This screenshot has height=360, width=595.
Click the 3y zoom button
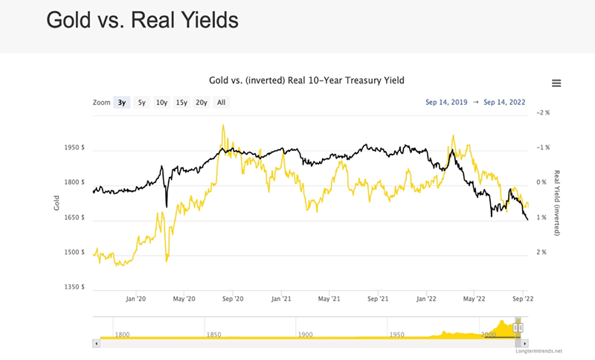(x=122, y=103)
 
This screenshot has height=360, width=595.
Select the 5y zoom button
(x=142, y=103)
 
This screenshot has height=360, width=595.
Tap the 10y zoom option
(x=161, y=103)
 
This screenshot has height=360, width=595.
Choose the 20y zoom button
(x=201, y=103)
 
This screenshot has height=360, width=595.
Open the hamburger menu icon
(x=556, y=83)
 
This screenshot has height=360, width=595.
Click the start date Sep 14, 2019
(x=447, y=102)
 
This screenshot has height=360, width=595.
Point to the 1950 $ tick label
(x=74, y=147)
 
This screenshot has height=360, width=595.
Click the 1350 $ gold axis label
(x=74, y=287)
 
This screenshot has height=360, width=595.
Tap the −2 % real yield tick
(x=543, y=112)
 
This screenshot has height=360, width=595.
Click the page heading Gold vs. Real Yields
(x=142, y=20)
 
